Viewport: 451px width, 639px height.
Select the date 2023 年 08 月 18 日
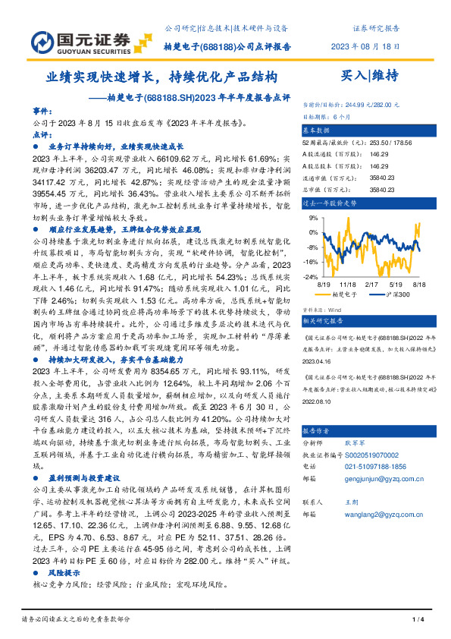point(368,46)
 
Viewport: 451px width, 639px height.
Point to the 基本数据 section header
point(318,130)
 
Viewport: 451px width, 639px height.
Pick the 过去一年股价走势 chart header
point(330,203)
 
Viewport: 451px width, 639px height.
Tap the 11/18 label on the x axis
point(348,284)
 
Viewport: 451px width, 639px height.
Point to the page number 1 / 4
point(416,620)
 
